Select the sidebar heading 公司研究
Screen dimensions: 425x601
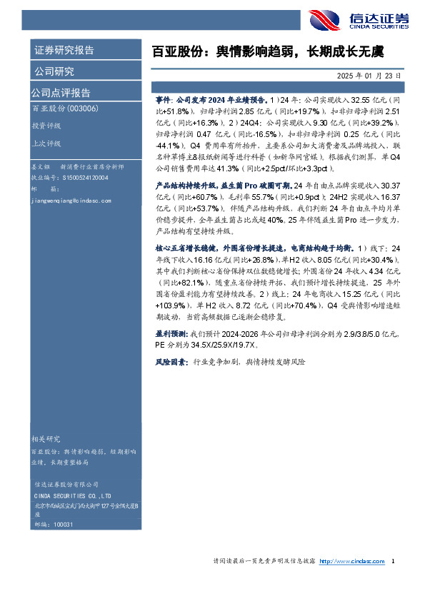pyautogui.click(x=54, y=71)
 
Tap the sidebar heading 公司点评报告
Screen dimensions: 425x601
pyautogui.click(x=61, y=93)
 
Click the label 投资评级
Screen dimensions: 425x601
pyautogui.click(x=46, y=125)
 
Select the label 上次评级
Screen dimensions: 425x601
pyautogui.click(x=46, y=143)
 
